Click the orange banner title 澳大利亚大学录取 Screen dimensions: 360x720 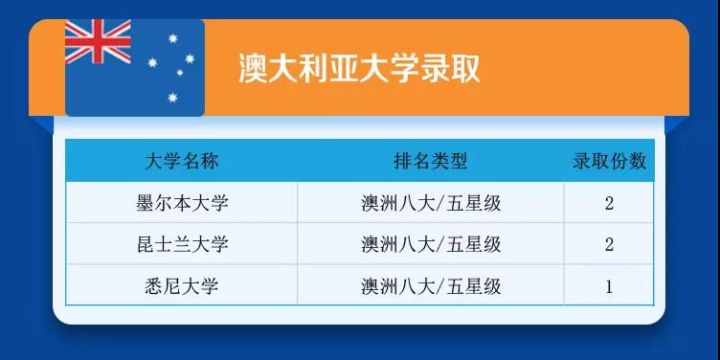359,69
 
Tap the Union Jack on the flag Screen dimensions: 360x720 97,42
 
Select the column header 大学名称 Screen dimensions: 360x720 182,161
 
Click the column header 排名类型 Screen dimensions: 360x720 431,161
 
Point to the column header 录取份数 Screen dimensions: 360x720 609,161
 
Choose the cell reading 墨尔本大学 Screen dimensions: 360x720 182,203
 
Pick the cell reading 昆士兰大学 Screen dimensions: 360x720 182,244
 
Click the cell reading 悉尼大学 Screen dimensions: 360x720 182,285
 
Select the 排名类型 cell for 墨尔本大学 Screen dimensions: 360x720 431,203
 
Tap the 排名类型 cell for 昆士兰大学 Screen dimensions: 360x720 431,244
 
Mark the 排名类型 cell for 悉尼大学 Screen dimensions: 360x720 431,285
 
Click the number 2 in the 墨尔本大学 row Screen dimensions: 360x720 609,203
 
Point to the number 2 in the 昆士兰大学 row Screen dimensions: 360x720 609,244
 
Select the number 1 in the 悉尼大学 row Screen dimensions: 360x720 609,286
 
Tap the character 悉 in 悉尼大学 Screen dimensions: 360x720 153,285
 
